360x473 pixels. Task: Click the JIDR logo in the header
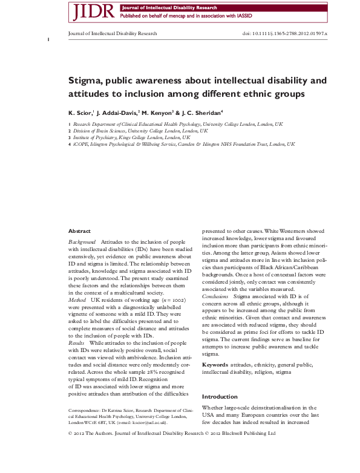[91, 11]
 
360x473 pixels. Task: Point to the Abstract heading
[80, 231]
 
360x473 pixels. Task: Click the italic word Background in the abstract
[82, 241]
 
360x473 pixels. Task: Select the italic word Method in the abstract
[77, 299]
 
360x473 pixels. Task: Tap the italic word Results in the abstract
[77, 343]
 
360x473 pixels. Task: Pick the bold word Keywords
[215, 348]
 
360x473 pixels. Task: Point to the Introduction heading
[220, 380]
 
